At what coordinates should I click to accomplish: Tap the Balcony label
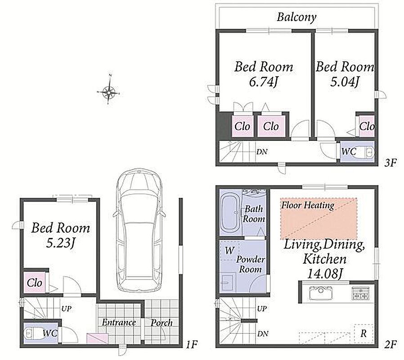click(x=296, y=17)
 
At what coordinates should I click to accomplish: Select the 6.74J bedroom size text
click(x=263, y=82)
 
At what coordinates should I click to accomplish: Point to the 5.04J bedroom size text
click(x=345, y=82)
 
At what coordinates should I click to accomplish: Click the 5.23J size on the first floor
click(x=61, y=243)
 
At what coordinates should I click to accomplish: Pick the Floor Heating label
click(x=308, y=205)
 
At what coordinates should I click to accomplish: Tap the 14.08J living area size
click(x=325, y=274)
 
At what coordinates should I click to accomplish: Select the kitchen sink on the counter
click(x=320, y=293)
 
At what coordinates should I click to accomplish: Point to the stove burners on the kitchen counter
click(x=360, y=293)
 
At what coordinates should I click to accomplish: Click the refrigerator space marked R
click(x=364, y=333)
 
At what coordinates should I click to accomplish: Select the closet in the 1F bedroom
click(x=35, y=283)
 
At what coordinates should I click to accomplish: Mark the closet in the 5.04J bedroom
click(x=367, y=126)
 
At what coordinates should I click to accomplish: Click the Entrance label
click(x=119, y=322)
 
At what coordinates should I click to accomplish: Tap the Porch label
click(x=162, y=323)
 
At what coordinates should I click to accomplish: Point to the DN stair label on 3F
click(x=262, y=152)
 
